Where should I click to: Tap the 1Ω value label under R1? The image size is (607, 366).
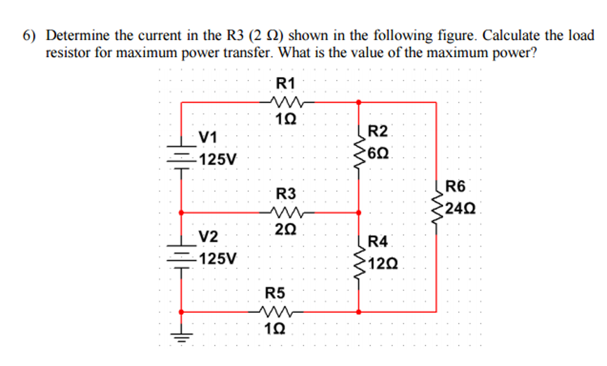tap(286, 120)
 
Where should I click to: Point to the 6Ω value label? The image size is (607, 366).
tap(378, 153)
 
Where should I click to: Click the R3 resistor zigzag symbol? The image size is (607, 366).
tap(287, 212)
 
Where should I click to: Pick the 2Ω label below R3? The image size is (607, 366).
tap(285, 229)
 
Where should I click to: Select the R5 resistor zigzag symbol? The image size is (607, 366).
tap(276, 312)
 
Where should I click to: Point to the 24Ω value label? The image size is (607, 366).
tap(460, 209)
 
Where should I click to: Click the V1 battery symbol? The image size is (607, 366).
tap(181, 157)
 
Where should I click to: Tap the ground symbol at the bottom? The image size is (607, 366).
tap(181, 337)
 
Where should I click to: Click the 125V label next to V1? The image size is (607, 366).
tap(218, 159)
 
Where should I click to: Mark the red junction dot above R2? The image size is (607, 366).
tap(359, 102)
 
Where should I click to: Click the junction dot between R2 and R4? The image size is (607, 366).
tap(359, 213)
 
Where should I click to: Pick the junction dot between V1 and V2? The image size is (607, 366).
tap(181, 213)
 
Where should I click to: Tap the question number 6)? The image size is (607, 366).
tap(29, 36)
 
